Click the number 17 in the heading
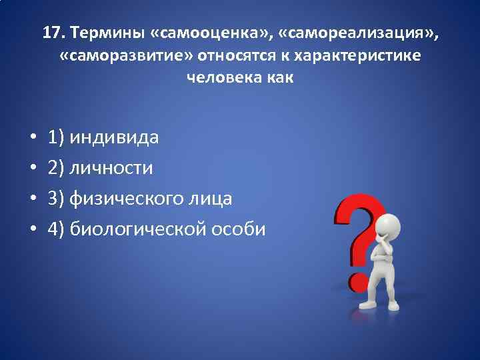point(52,33)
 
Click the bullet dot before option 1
point(32,139)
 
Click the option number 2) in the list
point(56,169)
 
